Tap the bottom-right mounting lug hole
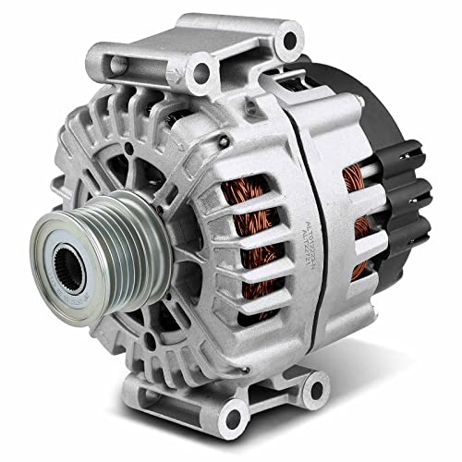[314, 385]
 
